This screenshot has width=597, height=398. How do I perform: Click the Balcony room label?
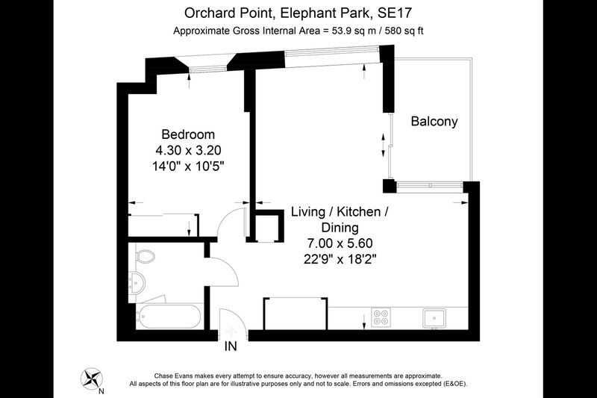434,122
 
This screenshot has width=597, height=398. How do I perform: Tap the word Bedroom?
188,134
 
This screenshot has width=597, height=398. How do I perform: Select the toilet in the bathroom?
145,256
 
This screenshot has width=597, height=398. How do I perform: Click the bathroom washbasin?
137,283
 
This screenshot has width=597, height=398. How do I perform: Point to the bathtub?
169,316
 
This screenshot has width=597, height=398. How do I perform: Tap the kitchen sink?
434,318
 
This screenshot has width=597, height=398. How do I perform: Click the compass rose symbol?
92,379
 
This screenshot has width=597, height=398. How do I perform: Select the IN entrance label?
231,346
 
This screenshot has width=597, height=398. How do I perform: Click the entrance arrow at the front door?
231,330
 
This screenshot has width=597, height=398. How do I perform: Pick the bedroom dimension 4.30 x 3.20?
188,150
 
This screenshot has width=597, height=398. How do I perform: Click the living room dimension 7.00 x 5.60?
340,243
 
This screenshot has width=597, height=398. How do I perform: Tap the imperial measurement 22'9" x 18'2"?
340,259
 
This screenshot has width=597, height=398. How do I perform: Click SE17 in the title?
395,13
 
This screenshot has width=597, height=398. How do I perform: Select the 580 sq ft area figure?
404,31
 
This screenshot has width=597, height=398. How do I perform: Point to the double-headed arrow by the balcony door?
384,145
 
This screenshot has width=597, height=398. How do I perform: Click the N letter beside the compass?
101,391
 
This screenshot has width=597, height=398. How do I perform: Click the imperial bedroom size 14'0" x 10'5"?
188,167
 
